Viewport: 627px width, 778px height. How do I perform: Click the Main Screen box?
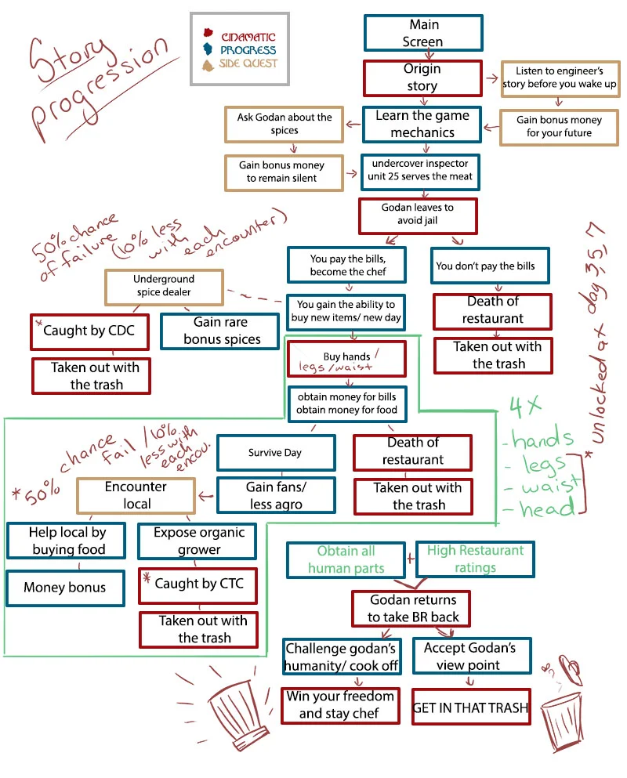422,34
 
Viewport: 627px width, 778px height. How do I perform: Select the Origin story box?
422,78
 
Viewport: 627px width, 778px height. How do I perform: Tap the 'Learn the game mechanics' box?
422,124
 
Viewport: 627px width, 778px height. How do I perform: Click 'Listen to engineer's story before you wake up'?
560,78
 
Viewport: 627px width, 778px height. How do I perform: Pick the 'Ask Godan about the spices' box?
285,124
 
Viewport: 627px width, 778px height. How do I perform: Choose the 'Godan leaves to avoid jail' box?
417,214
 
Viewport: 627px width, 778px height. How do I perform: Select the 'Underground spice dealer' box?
164,285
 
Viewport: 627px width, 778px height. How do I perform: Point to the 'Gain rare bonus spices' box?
220,331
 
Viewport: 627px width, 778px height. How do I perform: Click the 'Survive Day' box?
275,453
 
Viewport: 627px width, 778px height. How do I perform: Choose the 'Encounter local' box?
136,495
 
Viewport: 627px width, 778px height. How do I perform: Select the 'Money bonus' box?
64,588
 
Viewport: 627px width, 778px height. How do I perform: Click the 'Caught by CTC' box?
198,583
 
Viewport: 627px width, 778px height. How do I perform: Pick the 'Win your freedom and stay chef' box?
339,704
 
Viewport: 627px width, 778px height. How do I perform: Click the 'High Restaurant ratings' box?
475,559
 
